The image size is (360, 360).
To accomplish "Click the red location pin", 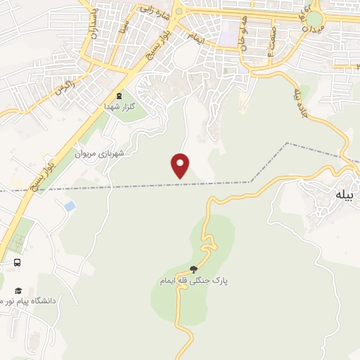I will (181, 165).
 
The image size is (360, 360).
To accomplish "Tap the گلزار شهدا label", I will (119, 105).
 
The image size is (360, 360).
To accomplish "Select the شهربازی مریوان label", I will (101, 153).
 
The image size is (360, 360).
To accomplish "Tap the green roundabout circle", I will (316, 18).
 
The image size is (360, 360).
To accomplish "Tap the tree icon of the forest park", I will (194, 269).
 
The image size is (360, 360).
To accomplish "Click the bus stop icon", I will (17, 263).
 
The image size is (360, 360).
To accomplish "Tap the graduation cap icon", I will (18, 290).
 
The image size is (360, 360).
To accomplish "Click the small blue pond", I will (69, 206).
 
